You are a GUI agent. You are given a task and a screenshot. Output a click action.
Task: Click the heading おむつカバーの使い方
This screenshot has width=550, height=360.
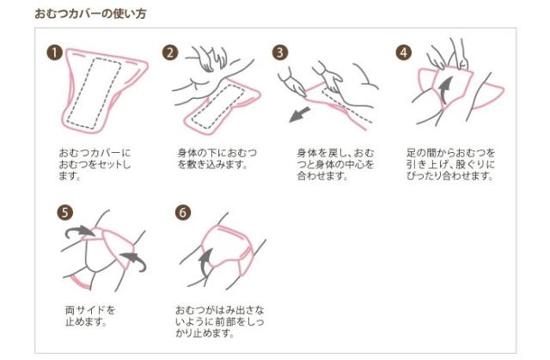pos(90,14)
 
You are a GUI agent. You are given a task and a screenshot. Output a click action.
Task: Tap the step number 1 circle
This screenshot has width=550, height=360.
pos(54,53)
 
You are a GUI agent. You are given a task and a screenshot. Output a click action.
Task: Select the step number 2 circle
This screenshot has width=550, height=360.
pos(170,52)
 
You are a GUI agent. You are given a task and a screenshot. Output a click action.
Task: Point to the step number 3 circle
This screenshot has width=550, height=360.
pos(280,52)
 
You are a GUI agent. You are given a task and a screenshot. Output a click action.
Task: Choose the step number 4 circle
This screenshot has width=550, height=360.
pos(404,52)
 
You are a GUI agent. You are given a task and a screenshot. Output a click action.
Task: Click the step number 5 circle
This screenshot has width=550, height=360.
pos(65,212)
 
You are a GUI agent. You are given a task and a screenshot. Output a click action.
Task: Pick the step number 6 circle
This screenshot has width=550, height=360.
pos(183,212)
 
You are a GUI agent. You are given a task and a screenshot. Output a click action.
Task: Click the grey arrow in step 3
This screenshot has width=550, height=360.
pos(299,114)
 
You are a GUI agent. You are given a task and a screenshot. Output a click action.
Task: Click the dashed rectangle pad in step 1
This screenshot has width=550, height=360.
pos(94,93)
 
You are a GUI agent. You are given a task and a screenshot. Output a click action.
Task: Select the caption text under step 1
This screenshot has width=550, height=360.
pos(95,164)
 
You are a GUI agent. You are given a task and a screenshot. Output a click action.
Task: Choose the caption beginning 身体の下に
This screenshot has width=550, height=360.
pos(217,158)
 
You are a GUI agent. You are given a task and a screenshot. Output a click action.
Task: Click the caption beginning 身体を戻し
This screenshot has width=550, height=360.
pos(335,164)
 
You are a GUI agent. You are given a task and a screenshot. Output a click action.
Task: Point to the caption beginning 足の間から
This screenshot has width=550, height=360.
pos(450,164)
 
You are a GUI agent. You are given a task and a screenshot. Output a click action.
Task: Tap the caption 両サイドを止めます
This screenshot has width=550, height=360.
pos(90,315)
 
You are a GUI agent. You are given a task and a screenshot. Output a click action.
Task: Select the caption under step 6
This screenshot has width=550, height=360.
pos(220,321)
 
